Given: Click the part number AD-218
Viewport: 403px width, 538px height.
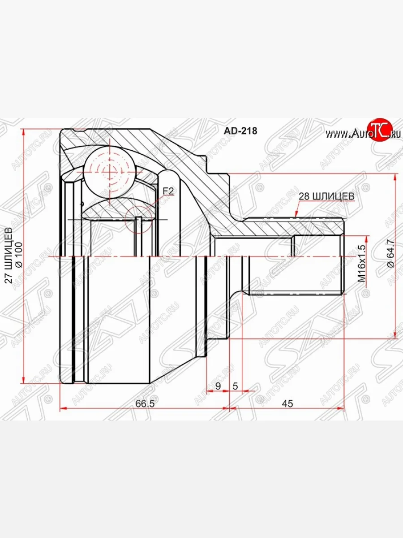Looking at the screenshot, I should (x=240, y=130).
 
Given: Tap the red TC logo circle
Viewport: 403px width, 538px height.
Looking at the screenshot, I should (x=379, y=130).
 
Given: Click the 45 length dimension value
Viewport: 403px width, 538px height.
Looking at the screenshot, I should (x=287, y=403).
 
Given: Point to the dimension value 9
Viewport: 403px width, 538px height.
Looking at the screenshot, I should (x=218, y=386).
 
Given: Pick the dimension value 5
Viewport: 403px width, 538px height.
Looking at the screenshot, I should (x=235, y=386).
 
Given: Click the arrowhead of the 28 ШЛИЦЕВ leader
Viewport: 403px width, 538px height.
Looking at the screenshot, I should (x=297, y=217).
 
